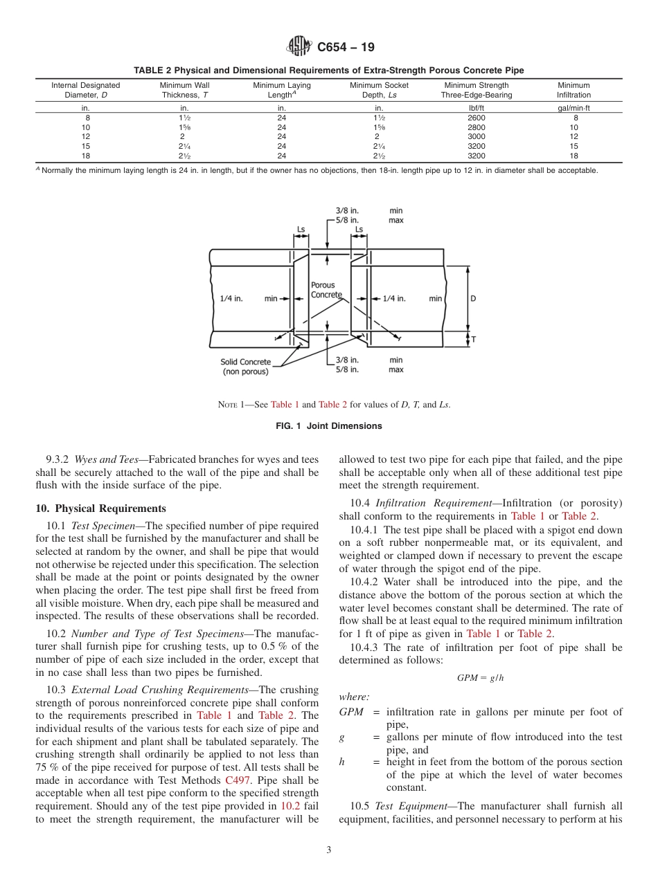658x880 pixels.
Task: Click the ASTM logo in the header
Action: pos(299,47)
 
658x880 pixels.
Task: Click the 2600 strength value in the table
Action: pos(477,118)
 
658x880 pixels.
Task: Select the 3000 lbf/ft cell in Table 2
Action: pos(477,137)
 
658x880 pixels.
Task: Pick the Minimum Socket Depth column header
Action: pos(379,90)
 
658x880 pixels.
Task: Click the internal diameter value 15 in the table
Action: pos(87,146)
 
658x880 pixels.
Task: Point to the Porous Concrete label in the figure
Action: pos(323,289)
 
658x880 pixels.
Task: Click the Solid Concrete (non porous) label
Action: pos(246,367)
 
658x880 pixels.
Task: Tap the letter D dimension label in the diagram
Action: pos(473,299)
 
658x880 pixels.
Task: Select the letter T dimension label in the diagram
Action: pos(473,340)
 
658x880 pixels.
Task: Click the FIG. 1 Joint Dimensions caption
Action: pos(329,426)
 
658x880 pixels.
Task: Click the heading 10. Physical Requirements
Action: pos(100,508)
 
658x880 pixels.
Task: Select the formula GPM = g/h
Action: pos(480,678)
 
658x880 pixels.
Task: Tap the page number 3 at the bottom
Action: pos(329,850)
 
